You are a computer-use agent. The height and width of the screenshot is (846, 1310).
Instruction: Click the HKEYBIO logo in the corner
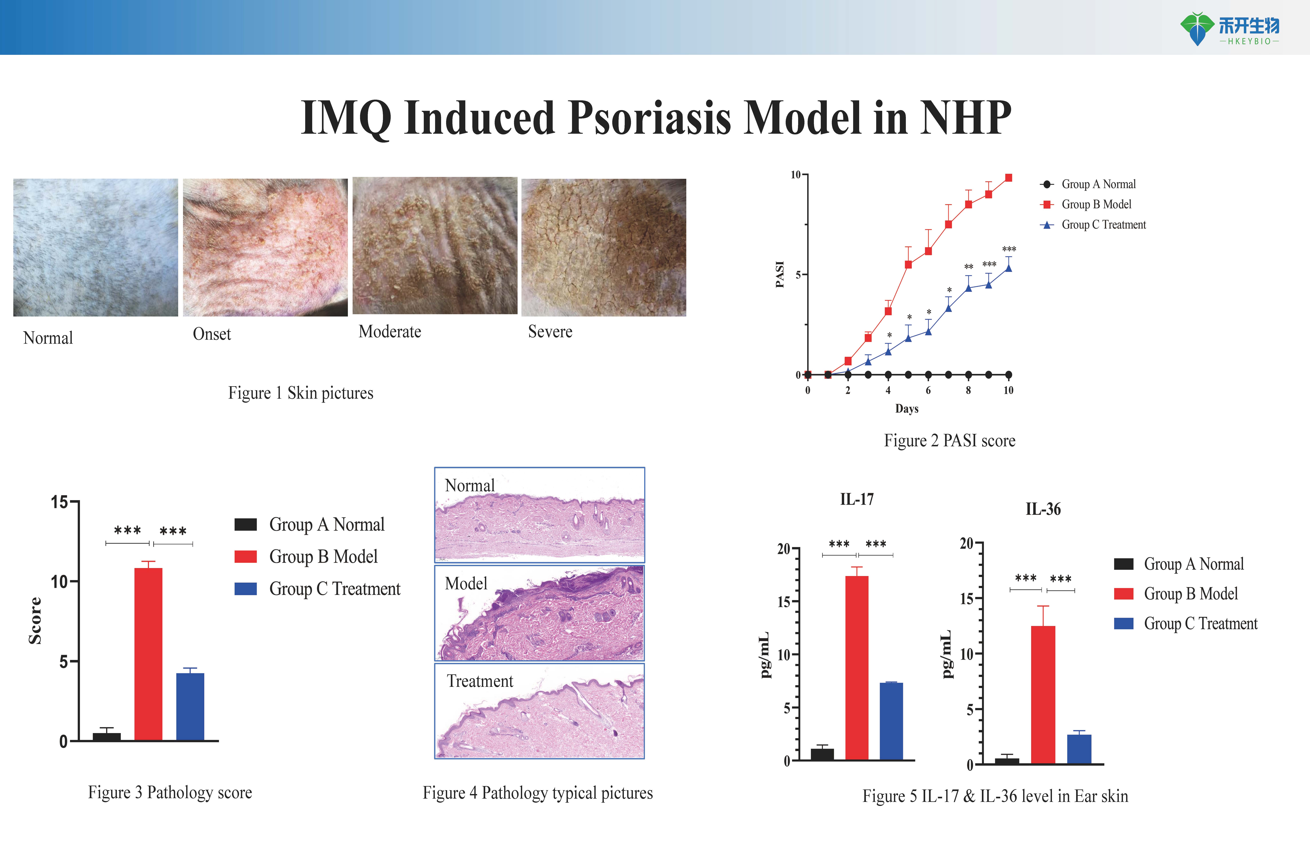pyautogui.click(x=1230, y=29)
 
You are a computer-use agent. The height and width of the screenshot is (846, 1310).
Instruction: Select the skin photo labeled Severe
pyautogui.click(x=603, y=247)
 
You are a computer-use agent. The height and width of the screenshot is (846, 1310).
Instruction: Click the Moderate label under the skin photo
pyautogui.click(x=390, y=332)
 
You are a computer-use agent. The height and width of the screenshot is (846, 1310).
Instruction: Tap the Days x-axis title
pyautogui.click(x=907, y=409)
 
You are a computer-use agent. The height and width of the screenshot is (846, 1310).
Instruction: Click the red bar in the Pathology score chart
pyautogui.click(x=148, y=654)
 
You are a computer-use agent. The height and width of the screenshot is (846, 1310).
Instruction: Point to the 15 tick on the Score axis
pyautogui.click(x=59, y=502)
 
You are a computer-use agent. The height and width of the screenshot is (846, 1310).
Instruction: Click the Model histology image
pyautogui.click(x=539, y=613)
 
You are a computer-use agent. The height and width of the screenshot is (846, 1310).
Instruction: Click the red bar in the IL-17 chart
pyautogui.click(x=857, y=667)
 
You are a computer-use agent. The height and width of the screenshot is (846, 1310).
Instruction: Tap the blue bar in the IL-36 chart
pyautogui.click(x=1079, y=749)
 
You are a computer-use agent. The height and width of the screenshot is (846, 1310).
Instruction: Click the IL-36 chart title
pyautogui.click(x=1043, y=509)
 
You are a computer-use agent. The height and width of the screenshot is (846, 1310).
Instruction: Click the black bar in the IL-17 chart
pyautogui.click(x=822, y=754)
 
